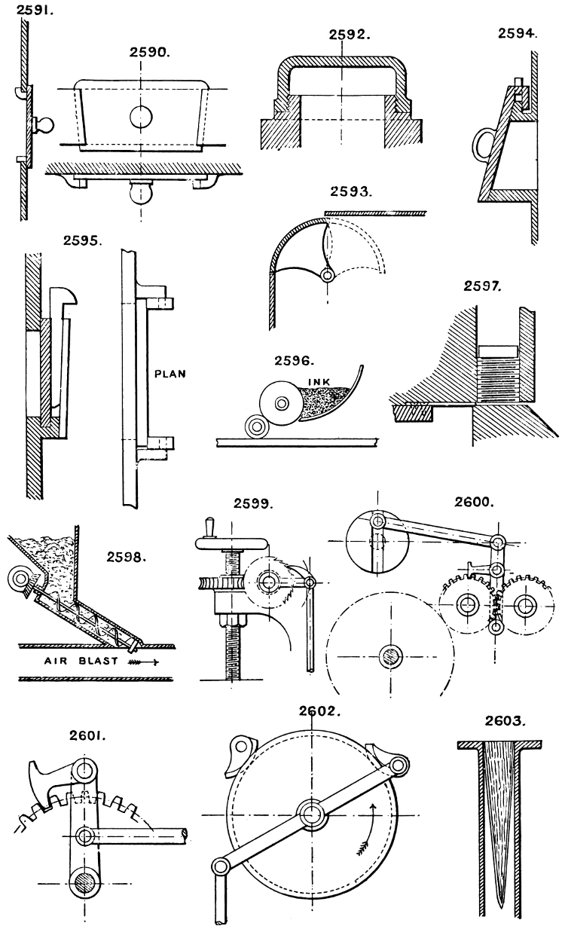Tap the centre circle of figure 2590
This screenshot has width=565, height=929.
click(140, 116)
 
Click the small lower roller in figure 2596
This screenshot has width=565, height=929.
click(254, 428)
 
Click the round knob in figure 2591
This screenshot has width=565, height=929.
click(43, 123)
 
